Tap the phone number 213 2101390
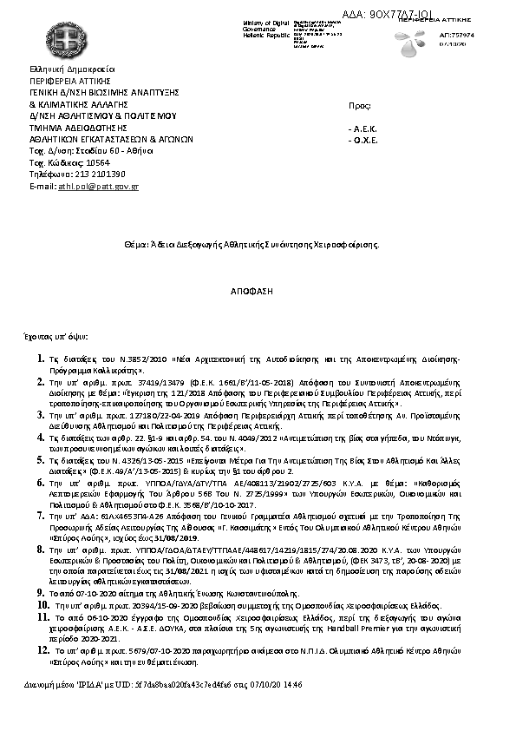coord(91,174)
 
